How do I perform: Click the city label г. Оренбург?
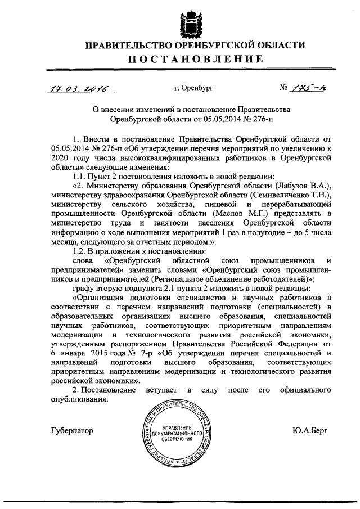[x=193, y=88]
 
